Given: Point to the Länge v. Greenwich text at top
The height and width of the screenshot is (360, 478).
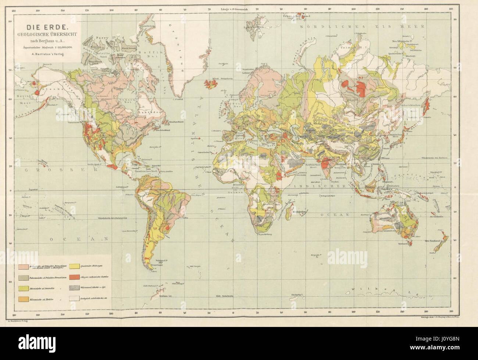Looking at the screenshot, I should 234,8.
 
